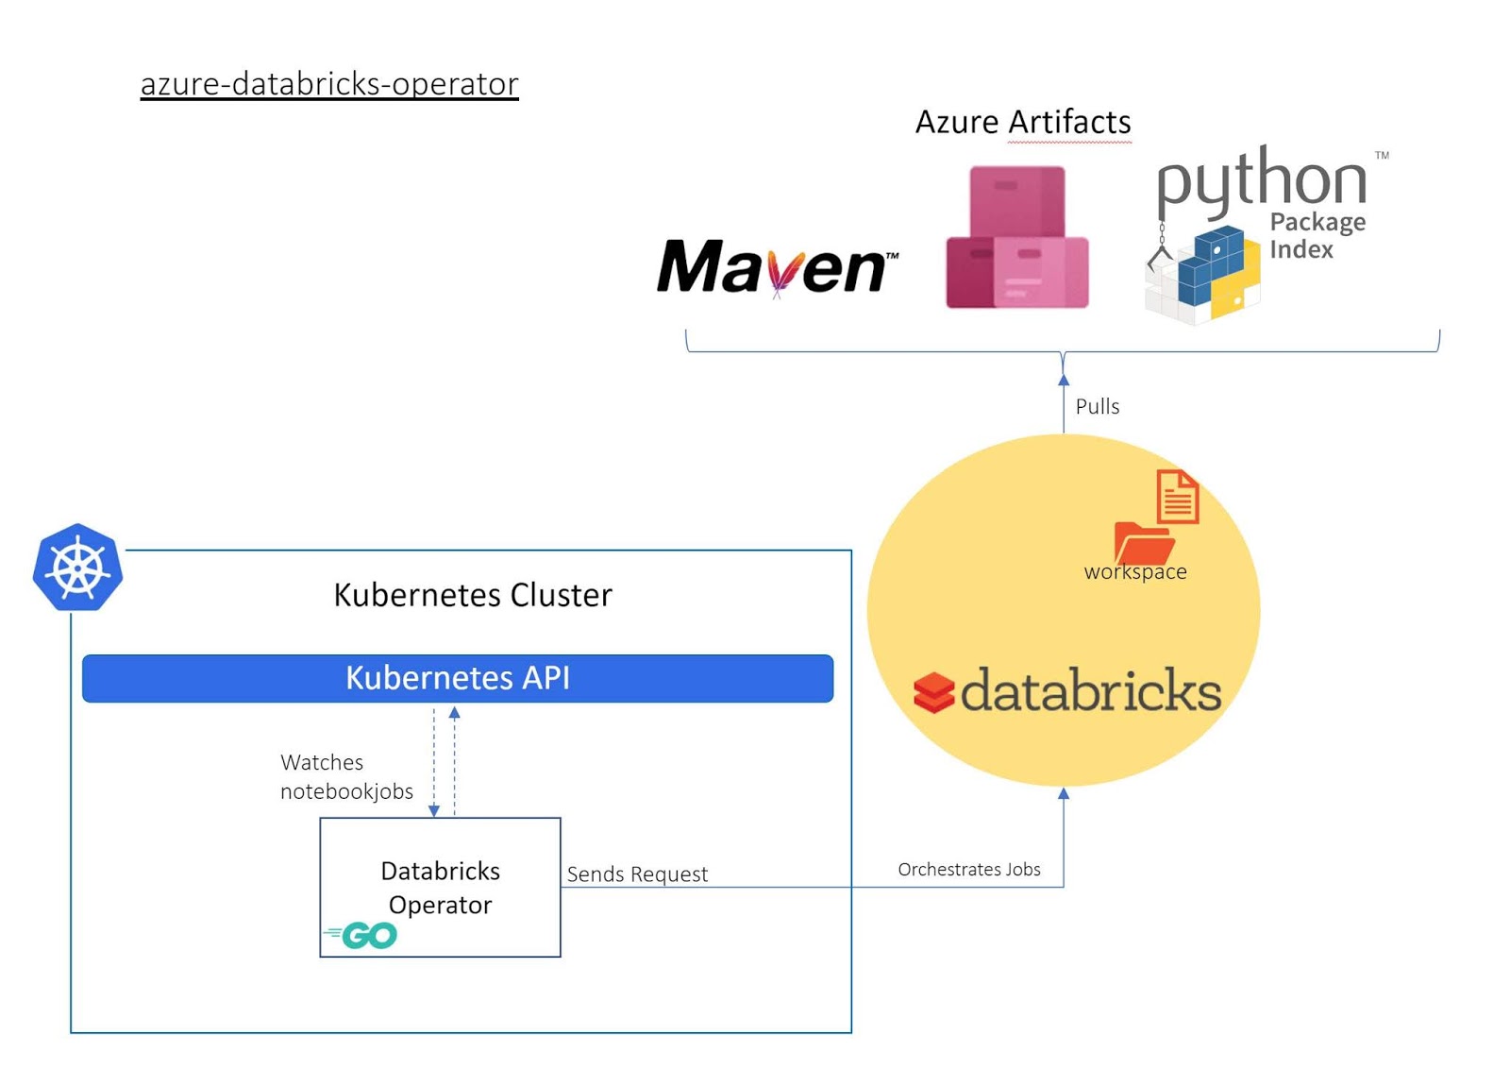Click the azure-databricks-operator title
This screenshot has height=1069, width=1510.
click(329, 84)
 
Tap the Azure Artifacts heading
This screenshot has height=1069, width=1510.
click(1023, 122)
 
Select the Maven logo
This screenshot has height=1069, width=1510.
click(777, 267)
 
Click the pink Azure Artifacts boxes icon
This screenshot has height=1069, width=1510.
click(1017, 238)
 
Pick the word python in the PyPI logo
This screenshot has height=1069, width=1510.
click(1262, 180)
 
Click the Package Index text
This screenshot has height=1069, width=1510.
click(1316, 235)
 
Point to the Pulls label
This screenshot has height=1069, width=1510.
click(1097, 406)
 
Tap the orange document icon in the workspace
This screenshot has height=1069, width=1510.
click(1177, 496)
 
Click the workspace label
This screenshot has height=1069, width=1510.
click(1135, 571)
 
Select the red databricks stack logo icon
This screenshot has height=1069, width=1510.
click(933, 692)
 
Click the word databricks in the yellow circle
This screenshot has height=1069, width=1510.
click(1091, 690)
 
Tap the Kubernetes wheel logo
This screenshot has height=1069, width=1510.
click(77, 568)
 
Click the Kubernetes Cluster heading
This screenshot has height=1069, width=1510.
click(473, 595)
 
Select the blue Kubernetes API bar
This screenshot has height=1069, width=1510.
click(458, 678)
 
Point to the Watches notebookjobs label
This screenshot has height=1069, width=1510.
click(345, 776)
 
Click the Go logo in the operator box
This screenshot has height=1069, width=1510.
click(362, 935)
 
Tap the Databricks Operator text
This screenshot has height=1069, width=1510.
click(440, 887)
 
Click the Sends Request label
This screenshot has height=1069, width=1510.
click(637, 874)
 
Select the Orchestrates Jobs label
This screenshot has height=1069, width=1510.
click(968, 869)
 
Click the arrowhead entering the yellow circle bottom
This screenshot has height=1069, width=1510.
click(1064, 793)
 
